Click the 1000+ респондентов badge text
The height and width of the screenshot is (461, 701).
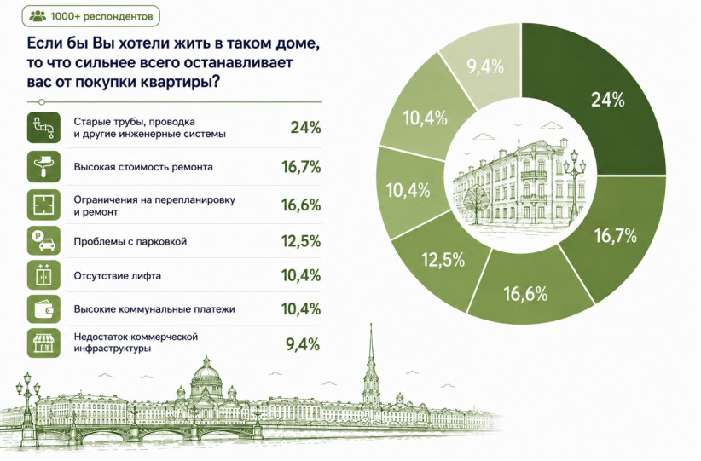pos(101,16)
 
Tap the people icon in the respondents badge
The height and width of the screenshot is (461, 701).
pos(38,16)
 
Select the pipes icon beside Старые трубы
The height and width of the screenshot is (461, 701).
pos(43,128)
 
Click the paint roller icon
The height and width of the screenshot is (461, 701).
pos(43,167)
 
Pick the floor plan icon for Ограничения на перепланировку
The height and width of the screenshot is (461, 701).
pos(43,205)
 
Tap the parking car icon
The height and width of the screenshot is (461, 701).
pos(43,241)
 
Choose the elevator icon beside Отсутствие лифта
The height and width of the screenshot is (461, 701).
pos(43,275)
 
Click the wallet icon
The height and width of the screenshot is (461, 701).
pos(43,308)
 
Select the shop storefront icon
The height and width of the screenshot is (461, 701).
pos(43,343)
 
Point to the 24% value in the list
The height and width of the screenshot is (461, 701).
pos(306,128)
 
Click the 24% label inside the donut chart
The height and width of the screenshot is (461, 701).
pos(607,100)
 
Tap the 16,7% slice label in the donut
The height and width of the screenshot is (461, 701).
pos(615,235)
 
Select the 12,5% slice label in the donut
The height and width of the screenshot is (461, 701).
pos(443,260)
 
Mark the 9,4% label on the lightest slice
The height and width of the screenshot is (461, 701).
pos(485,66)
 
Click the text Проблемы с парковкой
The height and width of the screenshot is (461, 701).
pos(130,242)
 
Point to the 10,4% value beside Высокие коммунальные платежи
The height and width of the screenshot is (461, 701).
pos(301,308)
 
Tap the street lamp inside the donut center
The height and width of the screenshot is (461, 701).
pos(574,187)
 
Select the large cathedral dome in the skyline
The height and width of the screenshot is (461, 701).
pos(206,377)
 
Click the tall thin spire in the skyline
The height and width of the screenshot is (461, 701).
pos(371,366)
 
